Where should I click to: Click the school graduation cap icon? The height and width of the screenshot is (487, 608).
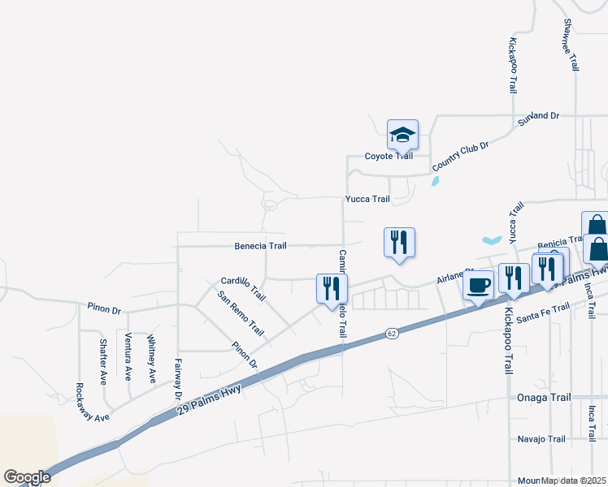[x=402, y=134]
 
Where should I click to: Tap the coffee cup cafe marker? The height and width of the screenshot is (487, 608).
[x=478, y=286]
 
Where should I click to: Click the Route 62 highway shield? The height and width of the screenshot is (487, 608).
[x=392, y=333]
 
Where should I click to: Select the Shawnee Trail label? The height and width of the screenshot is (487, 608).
[x=572, y=45]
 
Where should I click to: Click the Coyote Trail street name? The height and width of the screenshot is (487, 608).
[x=389, y=156]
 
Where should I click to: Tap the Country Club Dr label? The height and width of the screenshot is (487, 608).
[x=460, y=156]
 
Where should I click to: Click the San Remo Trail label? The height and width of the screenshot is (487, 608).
[x=241, y=313]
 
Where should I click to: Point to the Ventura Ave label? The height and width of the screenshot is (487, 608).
[x=128, y=356]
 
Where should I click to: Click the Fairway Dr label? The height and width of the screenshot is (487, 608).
[x=177, y=379]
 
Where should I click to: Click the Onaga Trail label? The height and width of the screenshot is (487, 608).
[x=541, y=398]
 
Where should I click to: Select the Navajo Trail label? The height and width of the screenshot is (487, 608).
[x=541, y=439]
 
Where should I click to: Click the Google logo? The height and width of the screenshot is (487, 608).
[x=27, y=477]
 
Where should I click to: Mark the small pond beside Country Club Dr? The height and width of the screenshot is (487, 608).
[x=436, y=181]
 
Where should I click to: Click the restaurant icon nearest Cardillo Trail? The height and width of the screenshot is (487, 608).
[x=332, y=287]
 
